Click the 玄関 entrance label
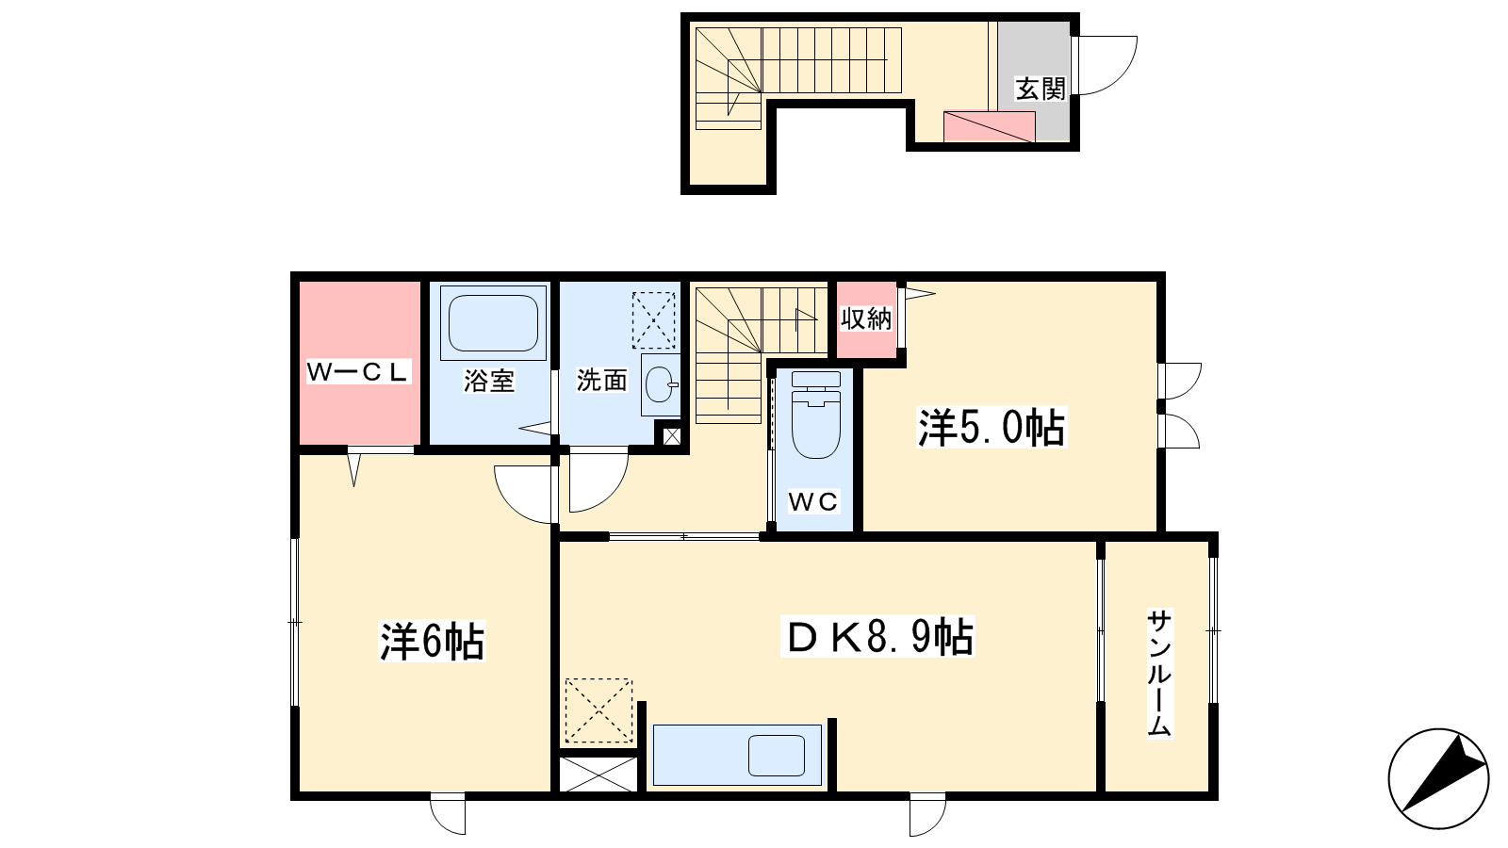click(1041, 89)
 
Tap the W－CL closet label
click(357, 371)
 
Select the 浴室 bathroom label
click(489, 381)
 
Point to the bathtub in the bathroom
click(494, 323)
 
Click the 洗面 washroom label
click(602, 381)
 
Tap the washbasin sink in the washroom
click(661, 384)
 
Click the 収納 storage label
click(866, 319)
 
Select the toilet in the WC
click(816, 415)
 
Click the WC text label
click(813, 501)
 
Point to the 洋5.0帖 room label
click(992, 428)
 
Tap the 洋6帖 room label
click(432, 642)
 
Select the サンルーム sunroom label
click(1159, 673)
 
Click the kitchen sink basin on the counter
click(777, 755)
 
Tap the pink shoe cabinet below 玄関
click(989, 126)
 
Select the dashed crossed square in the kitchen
click(598, 710)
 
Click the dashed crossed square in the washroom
click(653, 319)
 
